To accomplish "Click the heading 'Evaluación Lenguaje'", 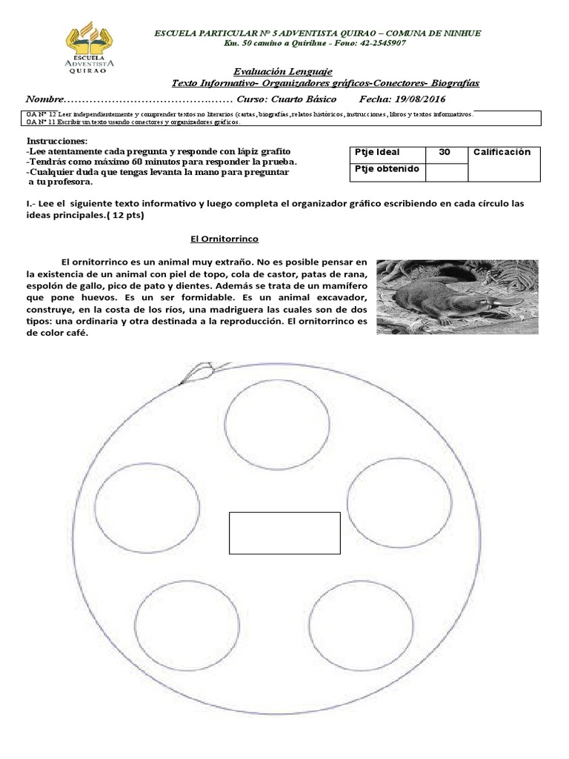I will pyautogui.click(x=282, y=71).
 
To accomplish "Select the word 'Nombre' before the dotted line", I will pyautogui.click(x=45, y=99).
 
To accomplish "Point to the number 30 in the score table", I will pyautogui.click(x=445, y=152).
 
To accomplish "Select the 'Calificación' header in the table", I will pyautogui.click(x=502, y=152).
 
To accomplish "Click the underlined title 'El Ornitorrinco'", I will pyautogui.click(x=219, y=239).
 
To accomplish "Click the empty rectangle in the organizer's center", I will pyautogui.click(x=284, y=532).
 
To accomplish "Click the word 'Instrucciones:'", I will pyautogui.click(x=57, y=141).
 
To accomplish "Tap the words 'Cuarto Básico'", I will pyautogui.click(x=304, y=99).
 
